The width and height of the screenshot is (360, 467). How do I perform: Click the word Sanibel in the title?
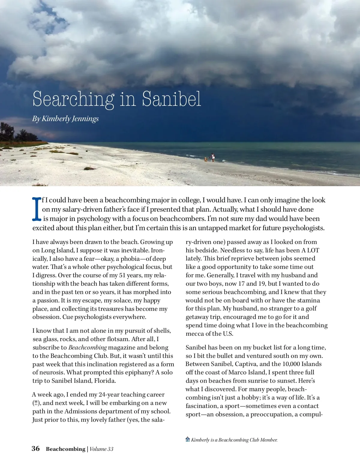pyautogui.click(x=171, y=99)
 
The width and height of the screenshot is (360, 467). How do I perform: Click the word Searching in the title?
pyautogui.click(x=73, y=99)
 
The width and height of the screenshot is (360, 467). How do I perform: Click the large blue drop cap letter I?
pyautogui.click(x=37, y=209)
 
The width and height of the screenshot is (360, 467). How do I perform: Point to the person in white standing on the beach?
pyautogui.click(x=213, y=157)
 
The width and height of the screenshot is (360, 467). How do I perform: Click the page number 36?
pyautogui.click(x=36, y=449)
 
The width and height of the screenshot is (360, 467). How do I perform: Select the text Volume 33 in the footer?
pyautogui.click(x=101, y=449)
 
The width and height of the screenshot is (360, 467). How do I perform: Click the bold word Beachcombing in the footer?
pyautogui.click(x=65, y=449)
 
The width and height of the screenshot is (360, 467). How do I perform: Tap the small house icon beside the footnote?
pyautogui.click(x=188, y=439)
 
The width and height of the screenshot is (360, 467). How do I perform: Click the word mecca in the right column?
pyautogui.click(x=195, y=334)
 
